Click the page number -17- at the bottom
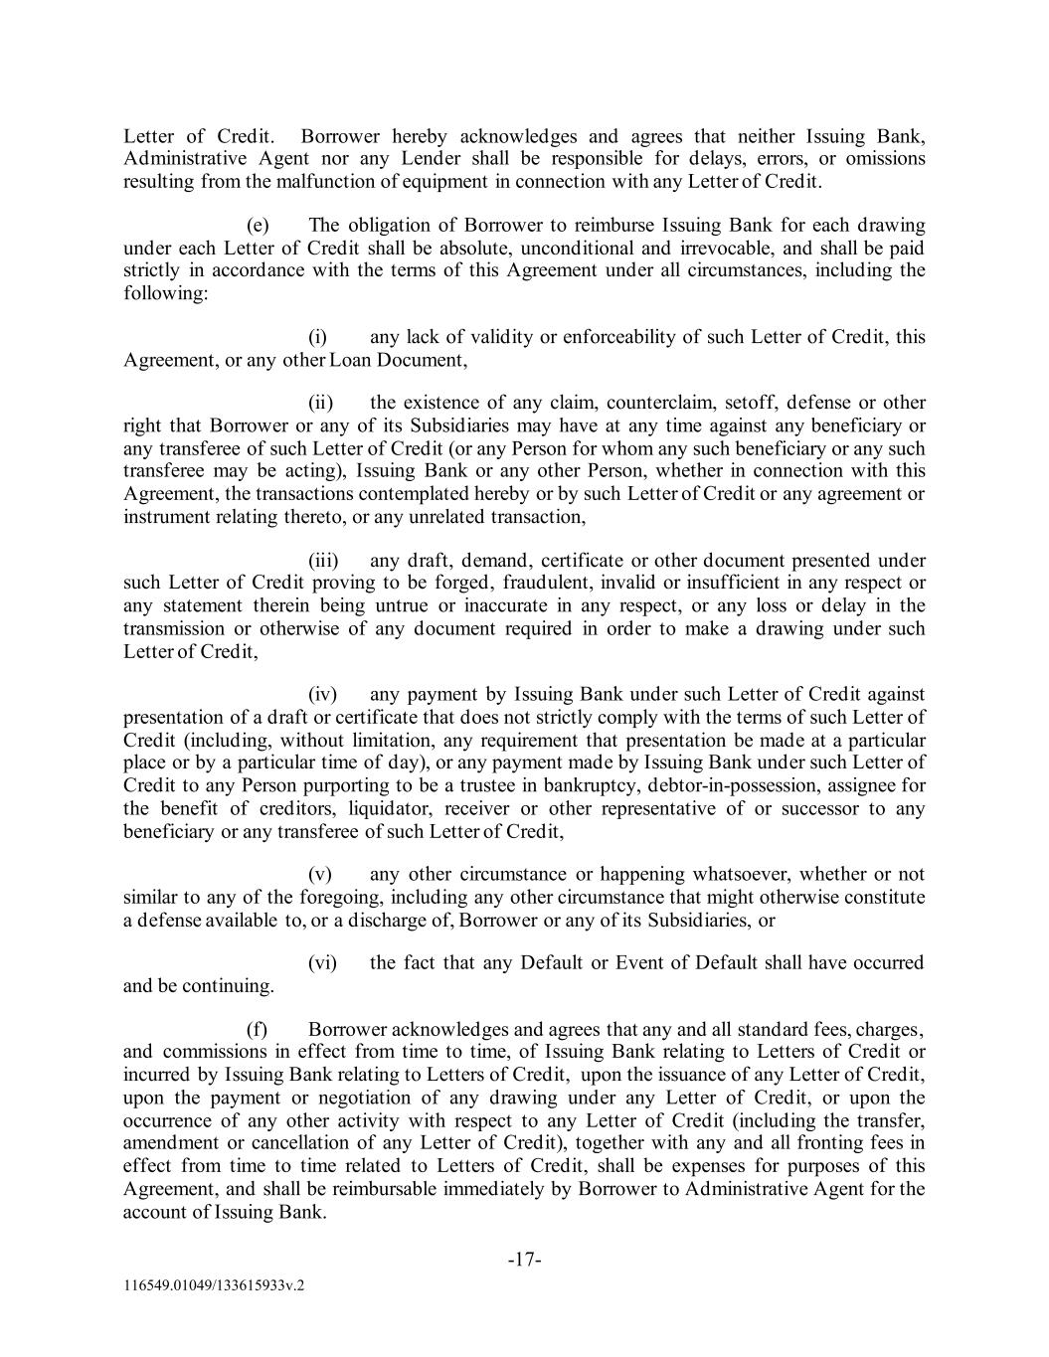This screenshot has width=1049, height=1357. (x=524, y=1260)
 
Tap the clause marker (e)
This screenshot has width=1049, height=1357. (x=258, y=226)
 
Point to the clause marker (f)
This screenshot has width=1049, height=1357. (x=257, y=1030)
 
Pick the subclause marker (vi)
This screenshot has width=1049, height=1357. (x=323, y=962)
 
